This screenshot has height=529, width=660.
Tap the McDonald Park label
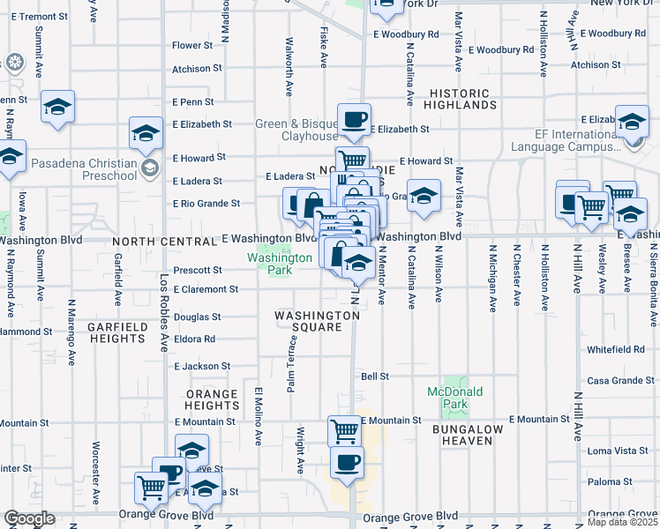pos(447,398)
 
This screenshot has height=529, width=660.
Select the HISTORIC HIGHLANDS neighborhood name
pos(463,100)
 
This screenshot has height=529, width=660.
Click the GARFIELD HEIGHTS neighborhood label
pos(117,332)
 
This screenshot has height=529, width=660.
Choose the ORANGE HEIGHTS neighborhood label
pos(211,399)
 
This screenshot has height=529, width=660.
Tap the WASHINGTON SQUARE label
pos(308,321)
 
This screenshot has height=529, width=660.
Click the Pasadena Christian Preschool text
pos(84,169)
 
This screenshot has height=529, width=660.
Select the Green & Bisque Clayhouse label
pos(296,130)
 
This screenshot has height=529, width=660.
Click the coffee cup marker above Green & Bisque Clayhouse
pos(354,120)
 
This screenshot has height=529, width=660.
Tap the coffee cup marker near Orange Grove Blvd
pos(347,462)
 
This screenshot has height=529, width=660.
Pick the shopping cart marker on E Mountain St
pos(344,432)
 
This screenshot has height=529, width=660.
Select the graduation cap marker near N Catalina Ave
pos(424,197)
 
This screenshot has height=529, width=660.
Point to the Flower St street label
pos(192,45)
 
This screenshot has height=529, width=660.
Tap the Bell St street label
pos(375,376)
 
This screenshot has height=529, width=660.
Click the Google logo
pos(30,518)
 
